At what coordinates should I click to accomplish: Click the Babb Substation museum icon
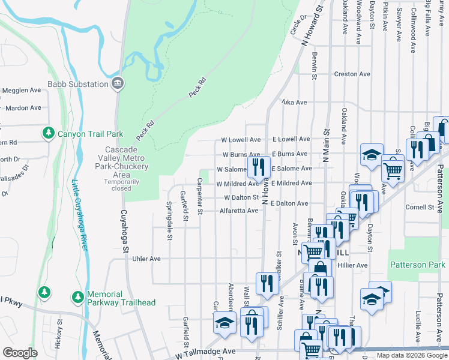click(x=118, y=84)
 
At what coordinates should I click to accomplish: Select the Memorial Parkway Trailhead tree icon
click(x=77, y=296)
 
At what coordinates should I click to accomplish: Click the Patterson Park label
click(x=417, y=265)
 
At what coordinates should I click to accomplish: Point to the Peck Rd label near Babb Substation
click(x=196, y=88)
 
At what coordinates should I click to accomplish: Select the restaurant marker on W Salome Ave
click(x=258, y=166)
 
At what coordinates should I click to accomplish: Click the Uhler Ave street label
click(x=146, y=259)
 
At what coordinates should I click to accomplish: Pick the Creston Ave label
click(x=346, y=74)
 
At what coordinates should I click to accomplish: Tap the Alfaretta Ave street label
click(x=238, y=211)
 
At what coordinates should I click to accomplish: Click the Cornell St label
click(x=420, y=208)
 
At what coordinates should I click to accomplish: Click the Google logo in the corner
click(x=20, y=353)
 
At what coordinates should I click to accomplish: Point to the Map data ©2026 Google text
click(x=412, y=355)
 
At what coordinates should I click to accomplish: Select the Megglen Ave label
click(x=22, y=90)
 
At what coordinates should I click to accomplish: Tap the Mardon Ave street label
click(x=23, y=108)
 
